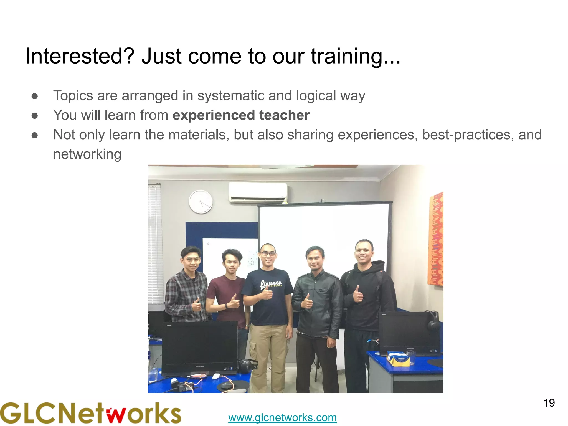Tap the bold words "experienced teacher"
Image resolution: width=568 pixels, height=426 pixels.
241,115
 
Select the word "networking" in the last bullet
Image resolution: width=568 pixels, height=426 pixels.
87,154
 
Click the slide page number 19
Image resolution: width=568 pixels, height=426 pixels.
549,403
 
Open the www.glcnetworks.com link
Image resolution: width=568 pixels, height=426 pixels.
282,417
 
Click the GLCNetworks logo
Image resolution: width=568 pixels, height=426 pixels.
90,413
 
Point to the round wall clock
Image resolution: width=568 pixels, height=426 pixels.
201,202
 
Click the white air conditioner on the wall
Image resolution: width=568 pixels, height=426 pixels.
258,192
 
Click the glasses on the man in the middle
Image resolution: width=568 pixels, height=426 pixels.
268,253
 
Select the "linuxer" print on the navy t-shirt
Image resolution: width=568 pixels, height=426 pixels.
271,284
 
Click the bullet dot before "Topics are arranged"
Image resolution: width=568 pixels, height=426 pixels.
35,96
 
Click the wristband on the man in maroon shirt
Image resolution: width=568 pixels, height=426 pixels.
227,306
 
